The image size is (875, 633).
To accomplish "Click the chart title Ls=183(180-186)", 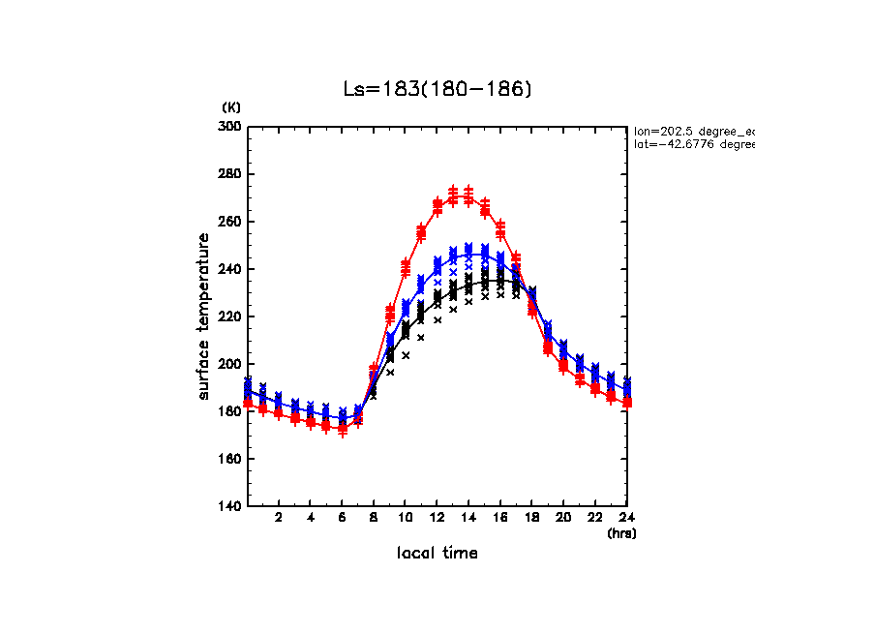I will click(x=437, y=89).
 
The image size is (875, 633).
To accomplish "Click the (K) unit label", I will click(x=231, y=106).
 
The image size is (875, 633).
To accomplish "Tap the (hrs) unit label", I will click(x=620, y=532).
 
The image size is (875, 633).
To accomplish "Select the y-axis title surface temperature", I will click(x=204, y=316).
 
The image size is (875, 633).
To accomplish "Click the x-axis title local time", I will click(x=437, y=554).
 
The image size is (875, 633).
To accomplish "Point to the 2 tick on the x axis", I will click(x=279, y=518).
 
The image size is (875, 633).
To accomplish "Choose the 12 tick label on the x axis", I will click(x=437, y=518).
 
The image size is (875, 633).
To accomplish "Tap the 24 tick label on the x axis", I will click(x=626, y=518).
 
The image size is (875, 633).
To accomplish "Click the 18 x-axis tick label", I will click(x=531, y=518).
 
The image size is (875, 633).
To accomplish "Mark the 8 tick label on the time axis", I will click(x=374, y=518).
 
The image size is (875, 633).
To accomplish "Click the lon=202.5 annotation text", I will click(x=693, y=130).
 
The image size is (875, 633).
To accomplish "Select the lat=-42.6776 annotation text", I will click(x=693, y=144).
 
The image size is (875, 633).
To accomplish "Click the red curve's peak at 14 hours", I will click(x=468, y=196).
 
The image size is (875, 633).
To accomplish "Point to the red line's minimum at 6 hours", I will click(x=342, y=427).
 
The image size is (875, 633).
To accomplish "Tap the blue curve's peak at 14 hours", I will click(x=468, y=254).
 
